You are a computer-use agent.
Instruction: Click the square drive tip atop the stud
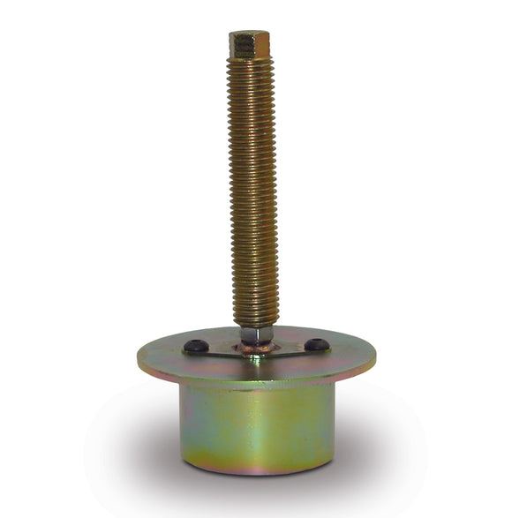click(250, 43)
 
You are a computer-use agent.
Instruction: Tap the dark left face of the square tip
click(238, 45)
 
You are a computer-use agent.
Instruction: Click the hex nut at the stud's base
click(256, 335)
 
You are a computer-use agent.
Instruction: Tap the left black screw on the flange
click(196, 347)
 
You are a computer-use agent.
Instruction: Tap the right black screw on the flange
click(316, 344)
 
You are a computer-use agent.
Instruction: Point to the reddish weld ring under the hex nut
click(256, 348)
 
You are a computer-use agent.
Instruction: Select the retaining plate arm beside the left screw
click(216, 350)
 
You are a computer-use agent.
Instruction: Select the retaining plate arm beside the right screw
click(296, 349)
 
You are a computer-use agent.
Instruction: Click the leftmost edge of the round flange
click(139, 359)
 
